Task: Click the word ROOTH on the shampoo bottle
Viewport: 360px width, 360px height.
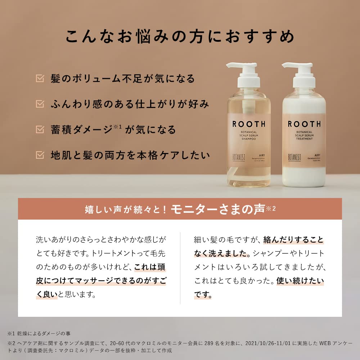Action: tap(249, 124)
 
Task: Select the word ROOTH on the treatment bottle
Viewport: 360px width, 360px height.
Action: tap(304, 124)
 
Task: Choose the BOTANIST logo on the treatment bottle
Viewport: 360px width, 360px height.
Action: tap(294, 157)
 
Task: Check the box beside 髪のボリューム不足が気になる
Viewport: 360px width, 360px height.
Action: tap(40, 78)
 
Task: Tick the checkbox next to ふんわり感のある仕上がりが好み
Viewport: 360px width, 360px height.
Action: tap(40, 104)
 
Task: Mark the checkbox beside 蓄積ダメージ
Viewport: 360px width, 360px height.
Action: tap(40, 129)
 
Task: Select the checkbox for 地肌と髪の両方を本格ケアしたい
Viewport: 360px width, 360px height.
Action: tap(40, 155)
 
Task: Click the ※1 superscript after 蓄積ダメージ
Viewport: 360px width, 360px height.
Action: tap(117, 126)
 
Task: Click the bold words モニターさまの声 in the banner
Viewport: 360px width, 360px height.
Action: tap(218, 210)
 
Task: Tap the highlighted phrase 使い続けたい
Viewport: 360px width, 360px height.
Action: tap(300, 281)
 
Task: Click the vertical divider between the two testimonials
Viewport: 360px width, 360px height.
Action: tap(180, 268)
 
